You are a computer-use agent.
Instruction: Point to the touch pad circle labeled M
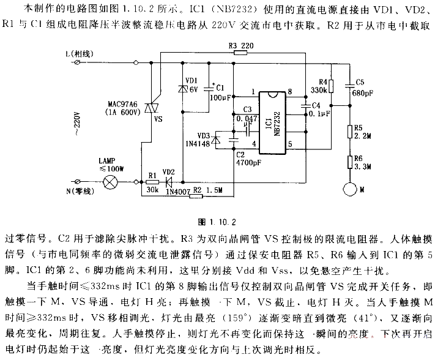pyautogui.click(x=351, y=189)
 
